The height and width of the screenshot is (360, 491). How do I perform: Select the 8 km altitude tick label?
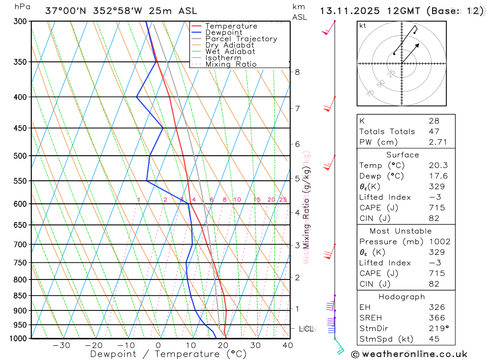pos(297,72)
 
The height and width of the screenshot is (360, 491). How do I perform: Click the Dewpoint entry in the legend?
pos(223,32)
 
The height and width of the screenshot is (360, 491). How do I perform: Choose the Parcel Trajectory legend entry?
pos(241,39)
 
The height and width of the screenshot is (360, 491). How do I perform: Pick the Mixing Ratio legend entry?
pos(231,64)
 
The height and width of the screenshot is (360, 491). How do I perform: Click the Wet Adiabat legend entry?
pos(230,52)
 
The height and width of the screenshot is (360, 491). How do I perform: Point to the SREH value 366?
pos(436,318)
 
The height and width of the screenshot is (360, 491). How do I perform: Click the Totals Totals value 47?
pos(434,131)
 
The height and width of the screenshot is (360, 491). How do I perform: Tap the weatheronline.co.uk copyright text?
pos(409,354)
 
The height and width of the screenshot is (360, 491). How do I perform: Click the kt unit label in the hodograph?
pos(363,26)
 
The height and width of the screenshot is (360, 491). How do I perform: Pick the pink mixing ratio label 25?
pos(283,199)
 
